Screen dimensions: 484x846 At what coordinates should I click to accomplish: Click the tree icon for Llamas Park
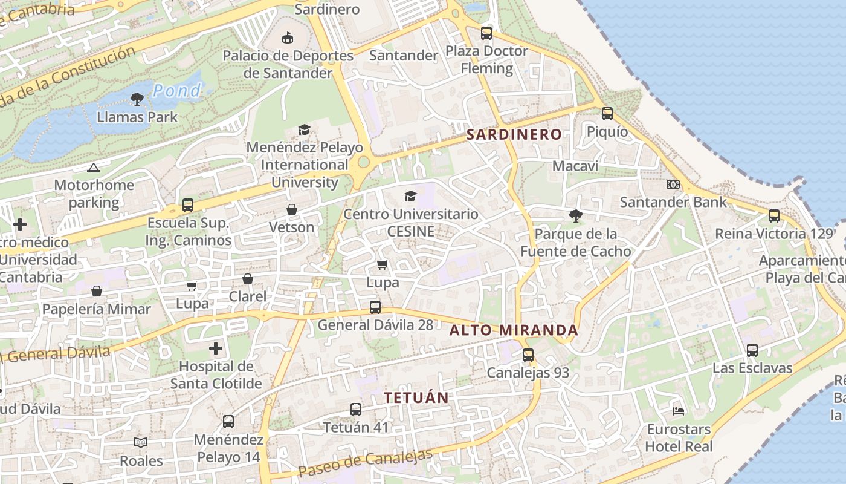(137, 99)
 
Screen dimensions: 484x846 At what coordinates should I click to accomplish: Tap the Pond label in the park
(176, 91)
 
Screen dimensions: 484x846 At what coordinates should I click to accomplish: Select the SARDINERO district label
(514, 134)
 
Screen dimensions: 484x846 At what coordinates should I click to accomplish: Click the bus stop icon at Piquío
(607, 113)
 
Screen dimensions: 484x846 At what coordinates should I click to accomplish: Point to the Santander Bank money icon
(673, 184)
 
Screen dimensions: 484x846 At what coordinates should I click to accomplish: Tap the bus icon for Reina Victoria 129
(773, 215)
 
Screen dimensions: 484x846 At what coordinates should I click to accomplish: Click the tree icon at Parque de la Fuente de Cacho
(575, 215)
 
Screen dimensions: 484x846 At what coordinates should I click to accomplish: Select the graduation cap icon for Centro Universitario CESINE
(411, 196)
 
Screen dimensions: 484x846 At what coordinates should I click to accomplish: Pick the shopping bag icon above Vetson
(292, 209)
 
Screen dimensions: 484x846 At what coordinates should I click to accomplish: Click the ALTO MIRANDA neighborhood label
(514, 330)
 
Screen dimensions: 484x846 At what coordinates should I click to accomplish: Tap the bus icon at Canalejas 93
(528, 355)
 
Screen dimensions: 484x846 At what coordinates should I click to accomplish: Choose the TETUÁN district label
(417, 397)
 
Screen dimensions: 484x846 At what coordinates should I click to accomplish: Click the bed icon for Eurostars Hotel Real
(679, 411)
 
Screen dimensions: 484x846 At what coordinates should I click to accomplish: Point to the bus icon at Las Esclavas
(752, 350)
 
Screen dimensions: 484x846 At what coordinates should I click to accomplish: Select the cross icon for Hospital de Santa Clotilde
(216, 348)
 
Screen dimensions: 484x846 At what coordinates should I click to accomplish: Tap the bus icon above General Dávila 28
(375, 307)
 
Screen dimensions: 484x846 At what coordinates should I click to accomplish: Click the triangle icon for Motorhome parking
(93, 168)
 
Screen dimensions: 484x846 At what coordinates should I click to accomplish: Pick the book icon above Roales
(141, 443)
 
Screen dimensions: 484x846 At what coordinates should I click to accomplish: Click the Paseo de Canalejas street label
(366, 463)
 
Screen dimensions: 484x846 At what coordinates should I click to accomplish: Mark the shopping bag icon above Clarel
(248, 279)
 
